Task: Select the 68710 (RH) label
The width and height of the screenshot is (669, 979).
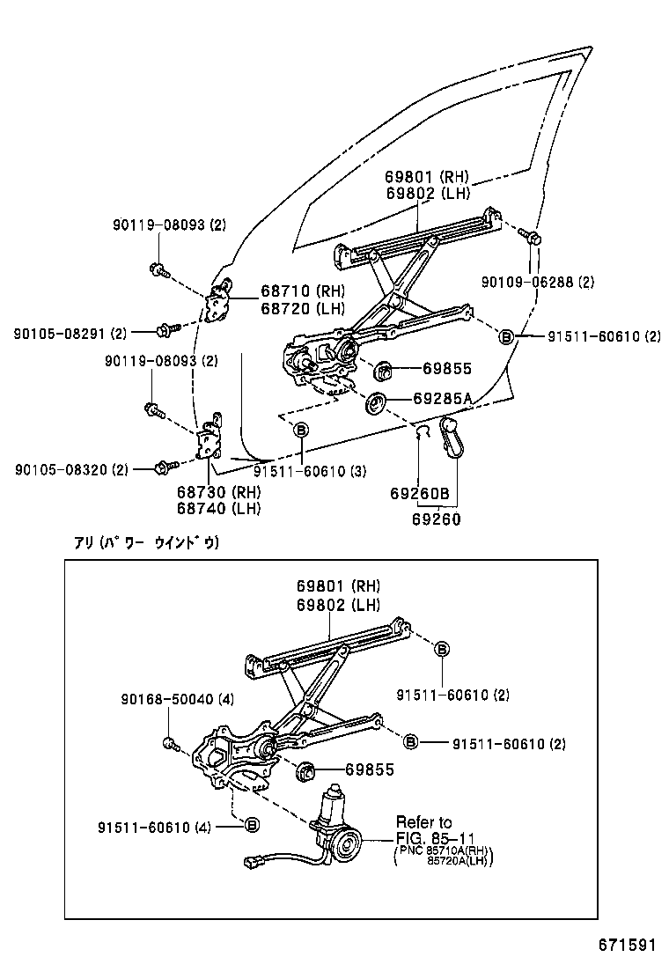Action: (302, 291)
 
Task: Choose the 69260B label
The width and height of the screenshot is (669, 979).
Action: (420, 495)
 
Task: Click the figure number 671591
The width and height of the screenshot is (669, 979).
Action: (626, 945)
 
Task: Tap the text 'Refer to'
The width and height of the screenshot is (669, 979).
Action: (423, 822)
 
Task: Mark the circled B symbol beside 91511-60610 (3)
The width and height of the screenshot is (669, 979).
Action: (301, 429)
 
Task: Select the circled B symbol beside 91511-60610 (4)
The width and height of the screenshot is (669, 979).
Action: (251, 824)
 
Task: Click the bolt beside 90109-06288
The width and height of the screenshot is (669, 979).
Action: (530, 236)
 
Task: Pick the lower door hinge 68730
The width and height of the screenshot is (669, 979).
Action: (210, 440)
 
